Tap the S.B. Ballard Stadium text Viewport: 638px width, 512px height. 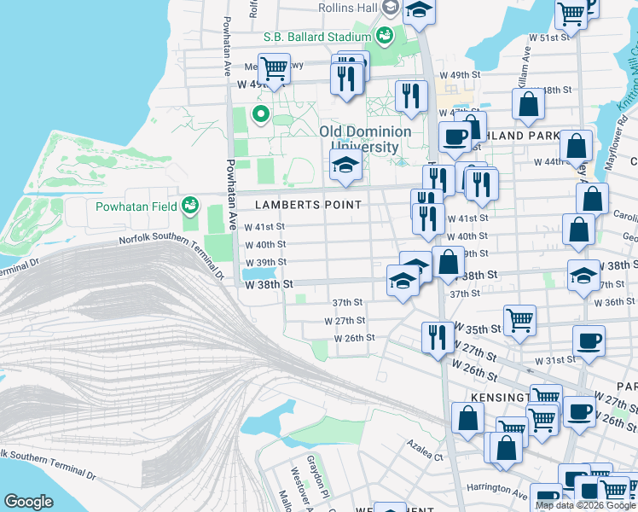pyautogui.click(x=316, y=37)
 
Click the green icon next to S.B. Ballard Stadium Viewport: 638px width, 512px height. pyautogui.click(x=384, y=36)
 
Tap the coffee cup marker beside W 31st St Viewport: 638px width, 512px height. pyautogui.click(x=589, y=340)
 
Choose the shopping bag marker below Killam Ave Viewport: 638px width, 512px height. pyautogui.click(x=529, y=104)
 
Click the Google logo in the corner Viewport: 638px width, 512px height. pyautogui.click(x=28, y=502)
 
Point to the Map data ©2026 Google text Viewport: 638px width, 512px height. pyautogui.click(x=585, y=505)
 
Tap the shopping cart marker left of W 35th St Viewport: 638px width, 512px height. pyautogui.click(x=519, y=321)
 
